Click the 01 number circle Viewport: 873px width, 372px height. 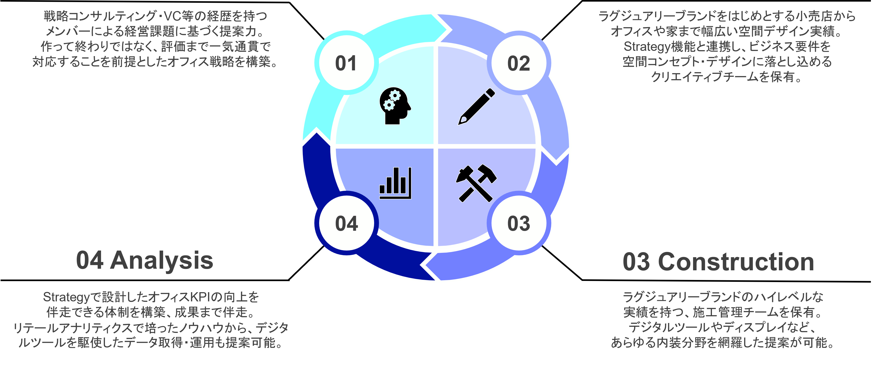346,63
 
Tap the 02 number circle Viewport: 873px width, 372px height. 518,63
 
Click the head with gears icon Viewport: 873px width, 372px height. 394,106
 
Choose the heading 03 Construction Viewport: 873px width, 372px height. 718,262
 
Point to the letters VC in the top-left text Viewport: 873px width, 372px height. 173,16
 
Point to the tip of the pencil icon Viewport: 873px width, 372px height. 460,123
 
